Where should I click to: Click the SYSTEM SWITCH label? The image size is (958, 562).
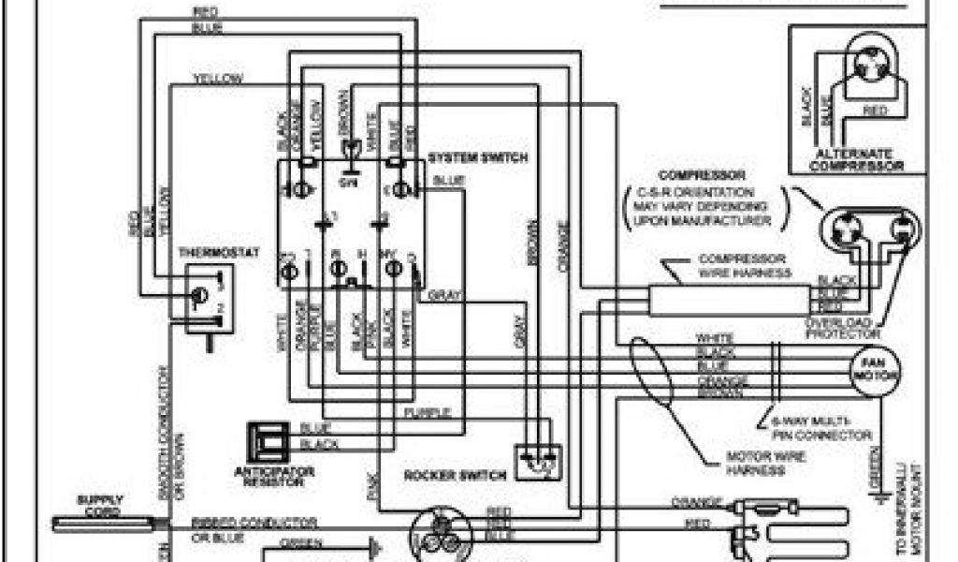pos(477,156)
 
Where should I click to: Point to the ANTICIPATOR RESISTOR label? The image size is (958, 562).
pos(276,476)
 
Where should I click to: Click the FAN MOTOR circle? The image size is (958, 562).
pos(875,368)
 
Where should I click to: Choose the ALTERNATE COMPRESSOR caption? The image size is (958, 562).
pos(858,160)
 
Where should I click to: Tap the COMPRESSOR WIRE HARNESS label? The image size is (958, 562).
pos(745,265)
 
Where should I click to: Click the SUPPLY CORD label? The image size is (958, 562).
pos(99,505)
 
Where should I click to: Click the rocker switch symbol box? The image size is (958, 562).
pos(538,456)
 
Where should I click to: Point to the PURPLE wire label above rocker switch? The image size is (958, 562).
pos(428,412)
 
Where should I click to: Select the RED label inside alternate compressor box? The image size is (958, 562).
pos(876,111)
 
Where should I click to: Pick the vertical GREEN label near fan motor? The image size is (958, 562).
pos(875,468)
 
